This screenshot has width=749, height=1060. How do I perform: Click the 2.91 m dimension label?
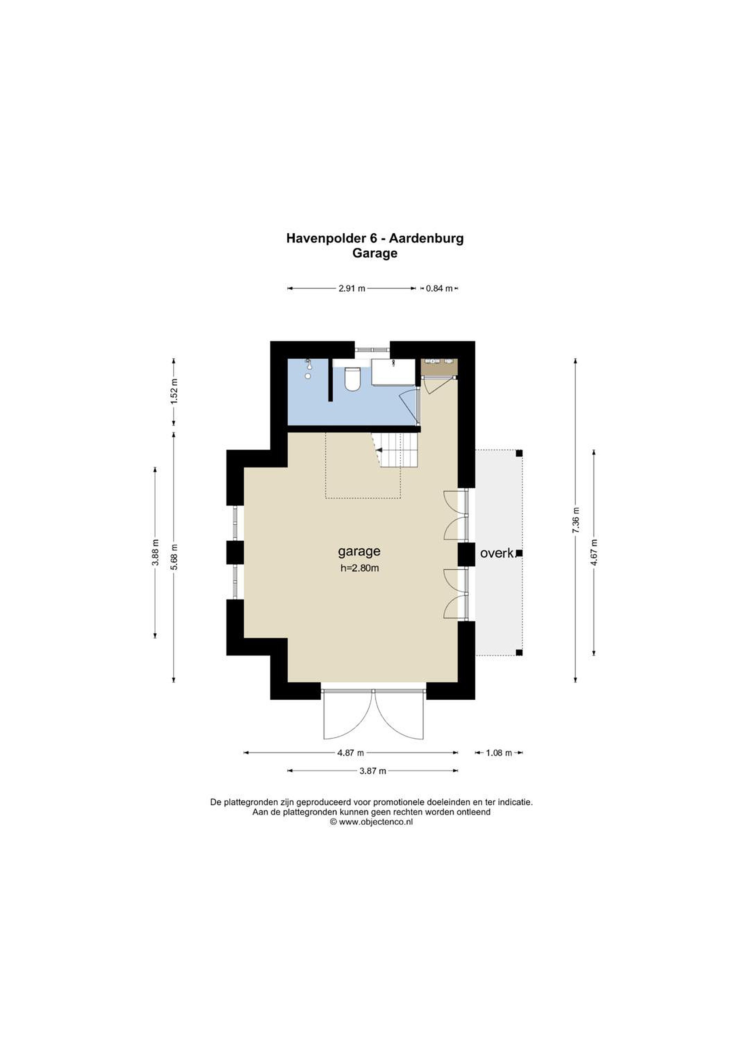(x=352, y=289)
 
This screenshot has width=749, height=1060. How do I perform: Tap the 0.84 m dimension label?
(x=439, y=289)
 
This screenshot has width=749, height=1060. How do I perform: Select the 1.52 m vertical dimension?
(x=174, y=392)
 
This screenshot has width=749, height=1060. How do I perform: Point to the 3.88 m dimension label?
(x=155, y=552)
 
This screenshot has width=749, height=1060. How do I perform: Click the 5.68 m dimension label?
(x=174, y=557)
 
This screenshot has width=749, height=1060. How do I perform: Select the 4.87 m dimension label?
(x=351, y=753)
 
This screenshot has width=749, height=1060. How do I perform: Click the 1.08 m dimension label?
(x=499, y=753)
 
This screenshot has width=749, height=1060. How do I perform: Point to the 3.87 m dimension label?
(x=373, y=771)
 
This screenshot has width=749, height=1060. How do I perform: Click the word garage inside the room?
(x=359, y=552)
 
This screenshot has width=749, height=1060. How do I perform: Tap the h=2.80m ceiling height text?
(x=359, y=568)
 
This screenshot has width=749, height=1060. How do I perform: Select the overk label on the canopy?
(x=497, y=553)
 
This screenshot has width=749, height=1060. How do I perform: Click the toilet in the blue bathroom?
(x=352, y=378)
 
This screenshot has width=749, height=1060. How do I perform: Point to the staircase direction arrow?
(x=379, y=449)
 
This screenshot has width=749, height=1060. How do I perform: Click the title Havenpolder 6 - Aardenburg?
(x=375, y=238)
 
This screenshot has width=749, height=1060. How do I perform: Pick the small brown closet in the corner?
(x=439, y=367)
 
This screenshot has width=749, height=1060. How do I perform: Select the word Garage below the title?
(x=375, y=253)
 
